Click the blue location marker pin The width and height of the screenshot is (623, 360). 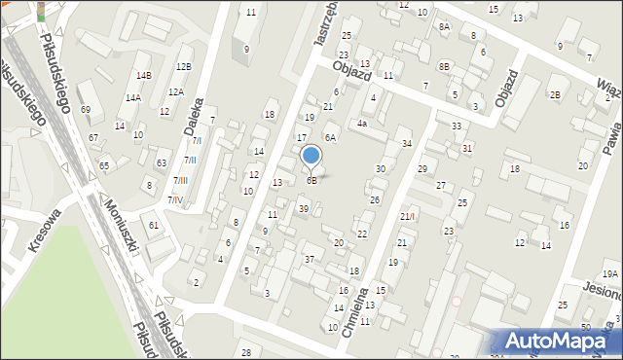point(311,156)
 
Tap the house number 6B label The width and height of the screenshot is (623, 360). point(311,180)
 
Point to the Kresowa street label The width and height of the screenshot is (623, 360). point(45,230)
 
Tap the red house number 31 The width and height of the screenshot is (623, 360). point(468,148)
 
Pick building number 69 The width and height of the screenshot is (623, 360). point(86,110)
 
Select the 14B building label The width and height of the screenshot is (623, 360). point(144,75)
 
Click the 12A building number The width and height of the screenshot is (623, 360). point(175,91)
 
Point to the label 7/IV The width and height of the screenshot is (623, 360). point(175,199)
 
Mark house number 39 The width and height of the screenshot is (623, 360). point(304,209)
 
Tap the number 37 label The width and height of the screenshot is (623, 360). point(310,259)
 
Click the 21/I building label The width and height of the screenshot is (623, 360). point(407,216)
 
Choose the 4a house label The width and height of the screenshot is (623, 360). point(361,124)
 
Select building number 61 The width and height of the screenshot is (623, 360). point(154,225)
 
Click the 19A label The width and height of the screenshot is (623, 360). point(609,274)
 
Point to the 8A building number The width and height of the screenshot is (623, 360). point(444,27)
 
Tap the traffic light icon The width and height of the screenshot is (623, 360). point(40,10)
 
